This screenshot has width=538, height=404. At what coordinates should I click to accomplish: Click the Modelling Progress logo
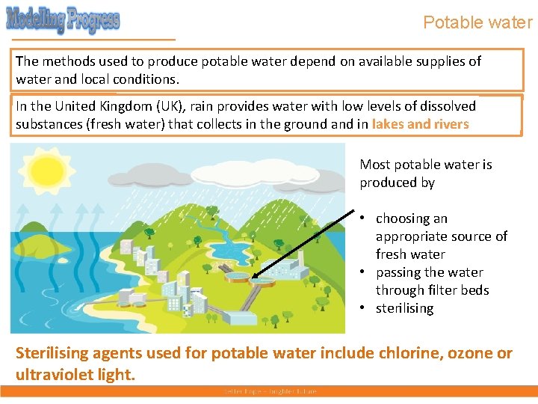63,19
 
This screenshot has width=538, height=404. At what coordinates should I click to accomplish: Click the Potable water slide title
477,22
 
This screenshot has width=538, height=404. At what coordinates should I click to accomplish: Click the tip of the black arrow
253,278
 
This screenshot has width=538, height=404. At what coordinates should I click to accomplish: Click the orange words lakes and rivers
420,124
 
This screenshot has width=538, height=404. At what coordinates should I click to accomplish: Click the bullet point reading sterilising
404,308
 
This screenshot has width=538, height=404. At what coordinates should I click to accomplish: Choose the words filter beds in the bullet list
462,290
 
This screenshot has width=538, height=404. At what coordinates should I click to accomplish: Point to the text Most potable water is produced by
425,174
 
